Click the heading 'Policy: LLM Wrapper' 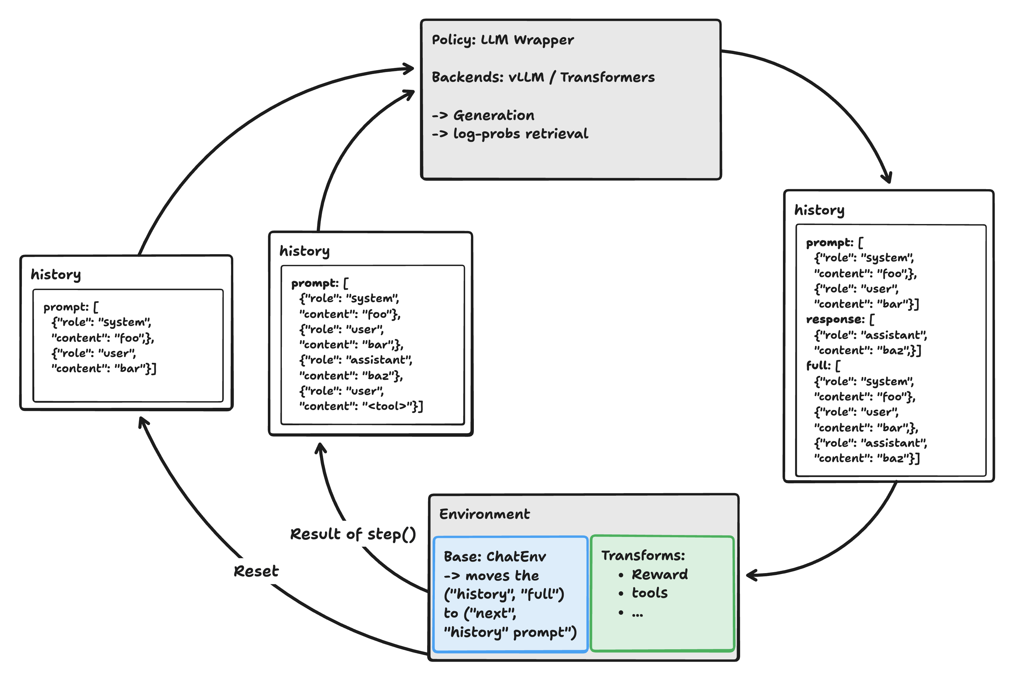pyautogui.click(x=502, y=40)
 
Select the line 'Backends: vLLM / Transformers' pyautogui.click(x=543, y=77)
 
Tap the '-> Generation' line pyautogui.click(x=483, y=116)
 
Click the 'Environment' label pyautogui.click(x=484, y=514)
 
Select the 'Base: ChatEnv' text pyautogui.click(x=495, y=557)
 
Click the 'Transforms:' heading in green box pyautogui.click(x=643, y=555)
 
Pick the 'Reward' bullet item pyautogui.click(x=659, y=575)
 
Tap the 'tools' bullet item pyautogui.click(x=649, y=593)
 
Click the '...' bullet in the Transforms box pyautogui.click(x=637, y=613)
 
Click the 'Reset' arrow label pyautogui.click(x=256, y=571)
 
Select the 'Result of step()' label pyautogui.click(x=353, y=534)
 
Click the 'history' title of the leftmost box pyautogui.click(x=56, y=274)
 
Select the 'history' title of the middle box pyautogui.click(x=304, y=251)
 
